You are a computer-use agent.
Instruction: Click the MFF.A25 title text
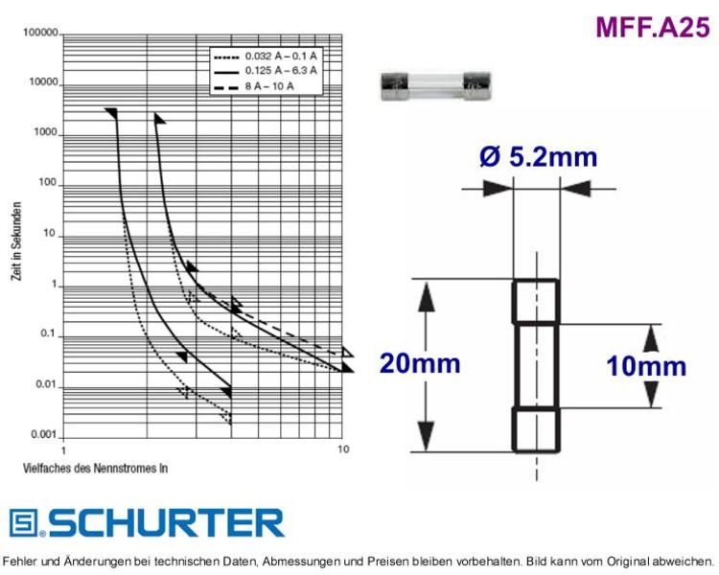[x=653, y=27]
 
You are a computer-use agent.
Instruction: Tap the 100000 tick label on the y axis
[x=41, y=33]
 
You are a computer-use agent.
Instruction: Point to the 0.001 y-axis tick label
[x=43, y=434]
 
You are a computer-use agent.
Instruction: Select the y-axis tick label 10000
[x=44, y=82]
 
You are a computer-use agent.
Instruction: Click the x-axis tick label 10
[x=343, y=448]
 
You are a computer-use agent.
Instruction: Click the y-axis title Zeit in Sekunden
[x=16, y=241]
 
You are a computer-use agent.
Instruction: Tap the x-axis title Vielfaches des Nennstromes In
[x=95, y=469]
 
